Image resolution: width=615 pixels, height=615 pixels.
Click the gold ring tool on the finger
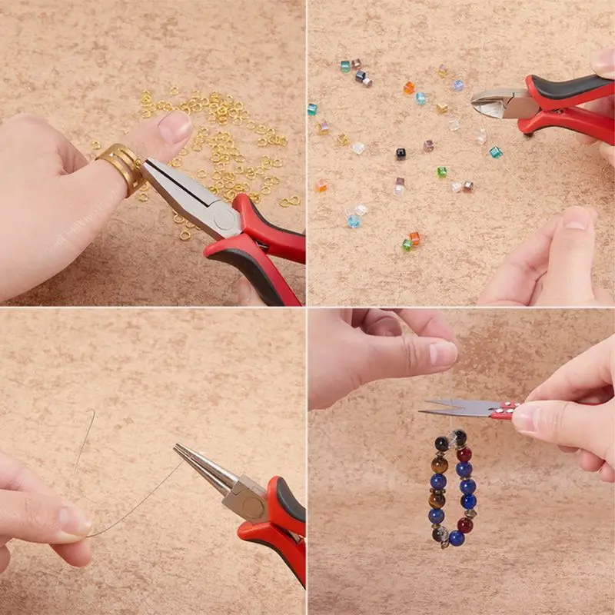(120, 165)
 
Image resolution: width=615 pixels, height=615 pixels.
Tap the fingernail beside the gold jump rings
(175, 127)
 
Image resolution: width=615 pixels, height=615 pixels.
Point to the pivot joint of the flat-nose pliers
(225, 221)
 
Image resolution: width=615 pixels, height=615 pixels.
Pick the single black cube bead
(401, 153)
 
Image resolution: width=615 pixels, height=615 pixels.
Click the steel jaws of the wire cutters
(496, 102)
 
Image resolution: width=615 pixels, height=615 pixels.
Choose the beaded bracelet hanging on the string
(454, 488)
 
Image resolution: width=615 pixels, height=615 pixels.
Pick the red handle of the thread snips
(508, 409)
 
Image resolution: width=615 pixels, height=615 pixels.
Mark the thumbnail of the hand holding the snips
(526, 418)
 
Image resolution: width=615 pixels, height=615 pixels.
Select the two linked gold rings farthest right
(288, 201)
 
